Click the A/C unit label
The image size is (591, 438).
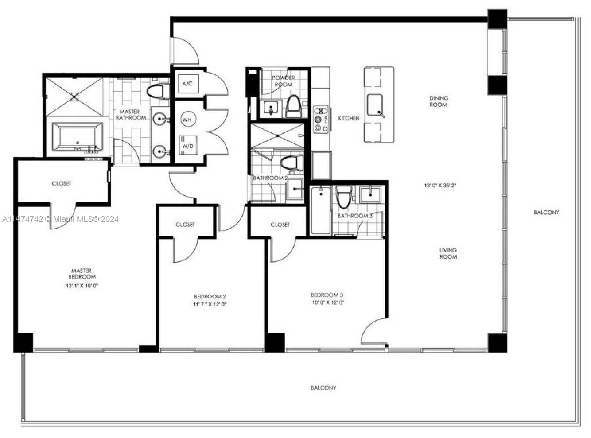pos(187,83)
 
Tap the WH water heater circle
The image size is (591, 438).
pos(187,120)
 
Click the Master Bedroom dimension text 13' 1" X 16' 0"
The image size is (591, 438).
pos(82,286)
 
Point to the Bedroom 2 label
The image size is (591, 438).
pos(210,296)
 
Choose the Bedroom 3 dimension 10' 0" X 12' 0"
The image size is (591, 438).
pos(327,302)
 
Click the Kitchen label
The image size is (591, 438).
pos(349,118)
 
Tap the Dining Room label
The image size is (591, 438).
pos(438,101)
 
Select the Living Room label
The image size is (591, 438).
pos(448,253)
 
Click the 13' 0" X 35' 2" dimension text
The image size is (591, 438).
pos(440,186)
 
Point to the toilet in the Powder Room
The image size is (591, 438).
pos(293,106)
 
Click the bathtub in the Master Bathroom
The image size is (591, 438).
pos(78,137)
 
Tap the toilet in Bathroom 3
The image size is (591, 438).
pos(344,198)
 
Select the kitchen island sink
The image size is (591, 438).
pos(376,105)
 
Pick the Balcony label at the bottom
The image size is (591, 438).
pos(323,388)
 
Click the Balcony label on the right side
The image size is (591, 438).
pos(546,212)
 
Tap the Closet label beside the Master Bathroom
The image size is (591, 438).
pos(61,183)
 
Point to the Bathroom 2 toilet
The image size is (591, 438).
pos(291,162)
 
